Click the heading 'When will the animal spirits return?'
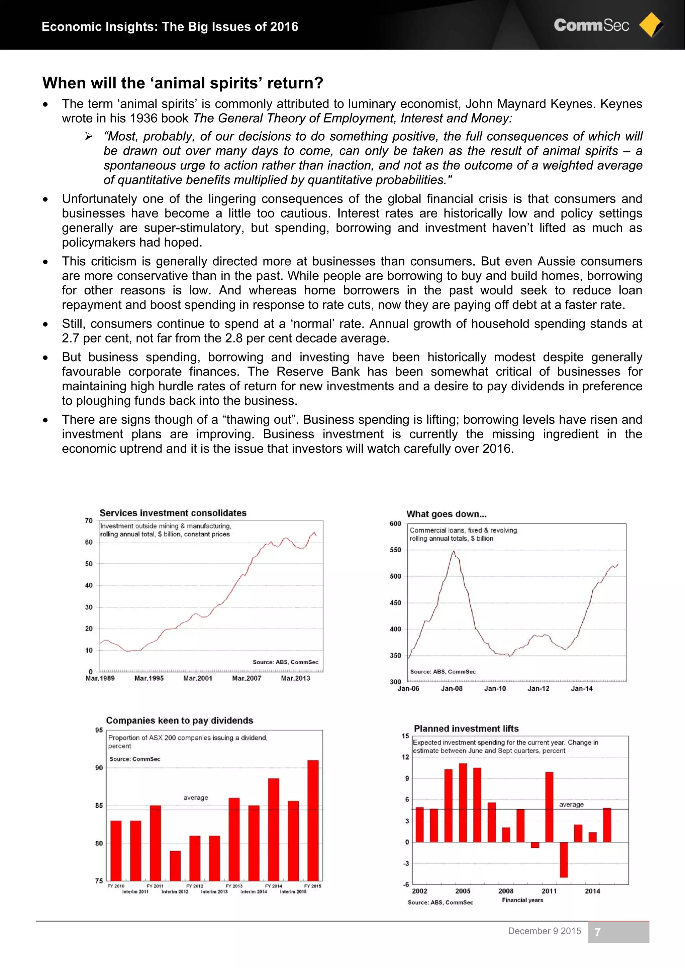tap(182, 83)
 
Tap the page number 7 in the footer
tap(597, 932)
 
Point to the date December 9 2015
tap(544, 931)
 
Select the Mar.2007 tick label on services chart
tap(247, 678)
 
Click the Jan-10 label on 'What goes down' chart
tap(495, 688)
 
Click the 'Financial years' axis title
tap(522, 900)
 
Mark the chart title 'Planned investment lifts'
tap(466, 728)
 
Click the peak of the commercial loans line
tap(454, 551)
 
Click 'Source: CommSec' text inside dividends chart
tap(135, 759)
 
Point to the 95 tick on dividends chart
tap(99, 730)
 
